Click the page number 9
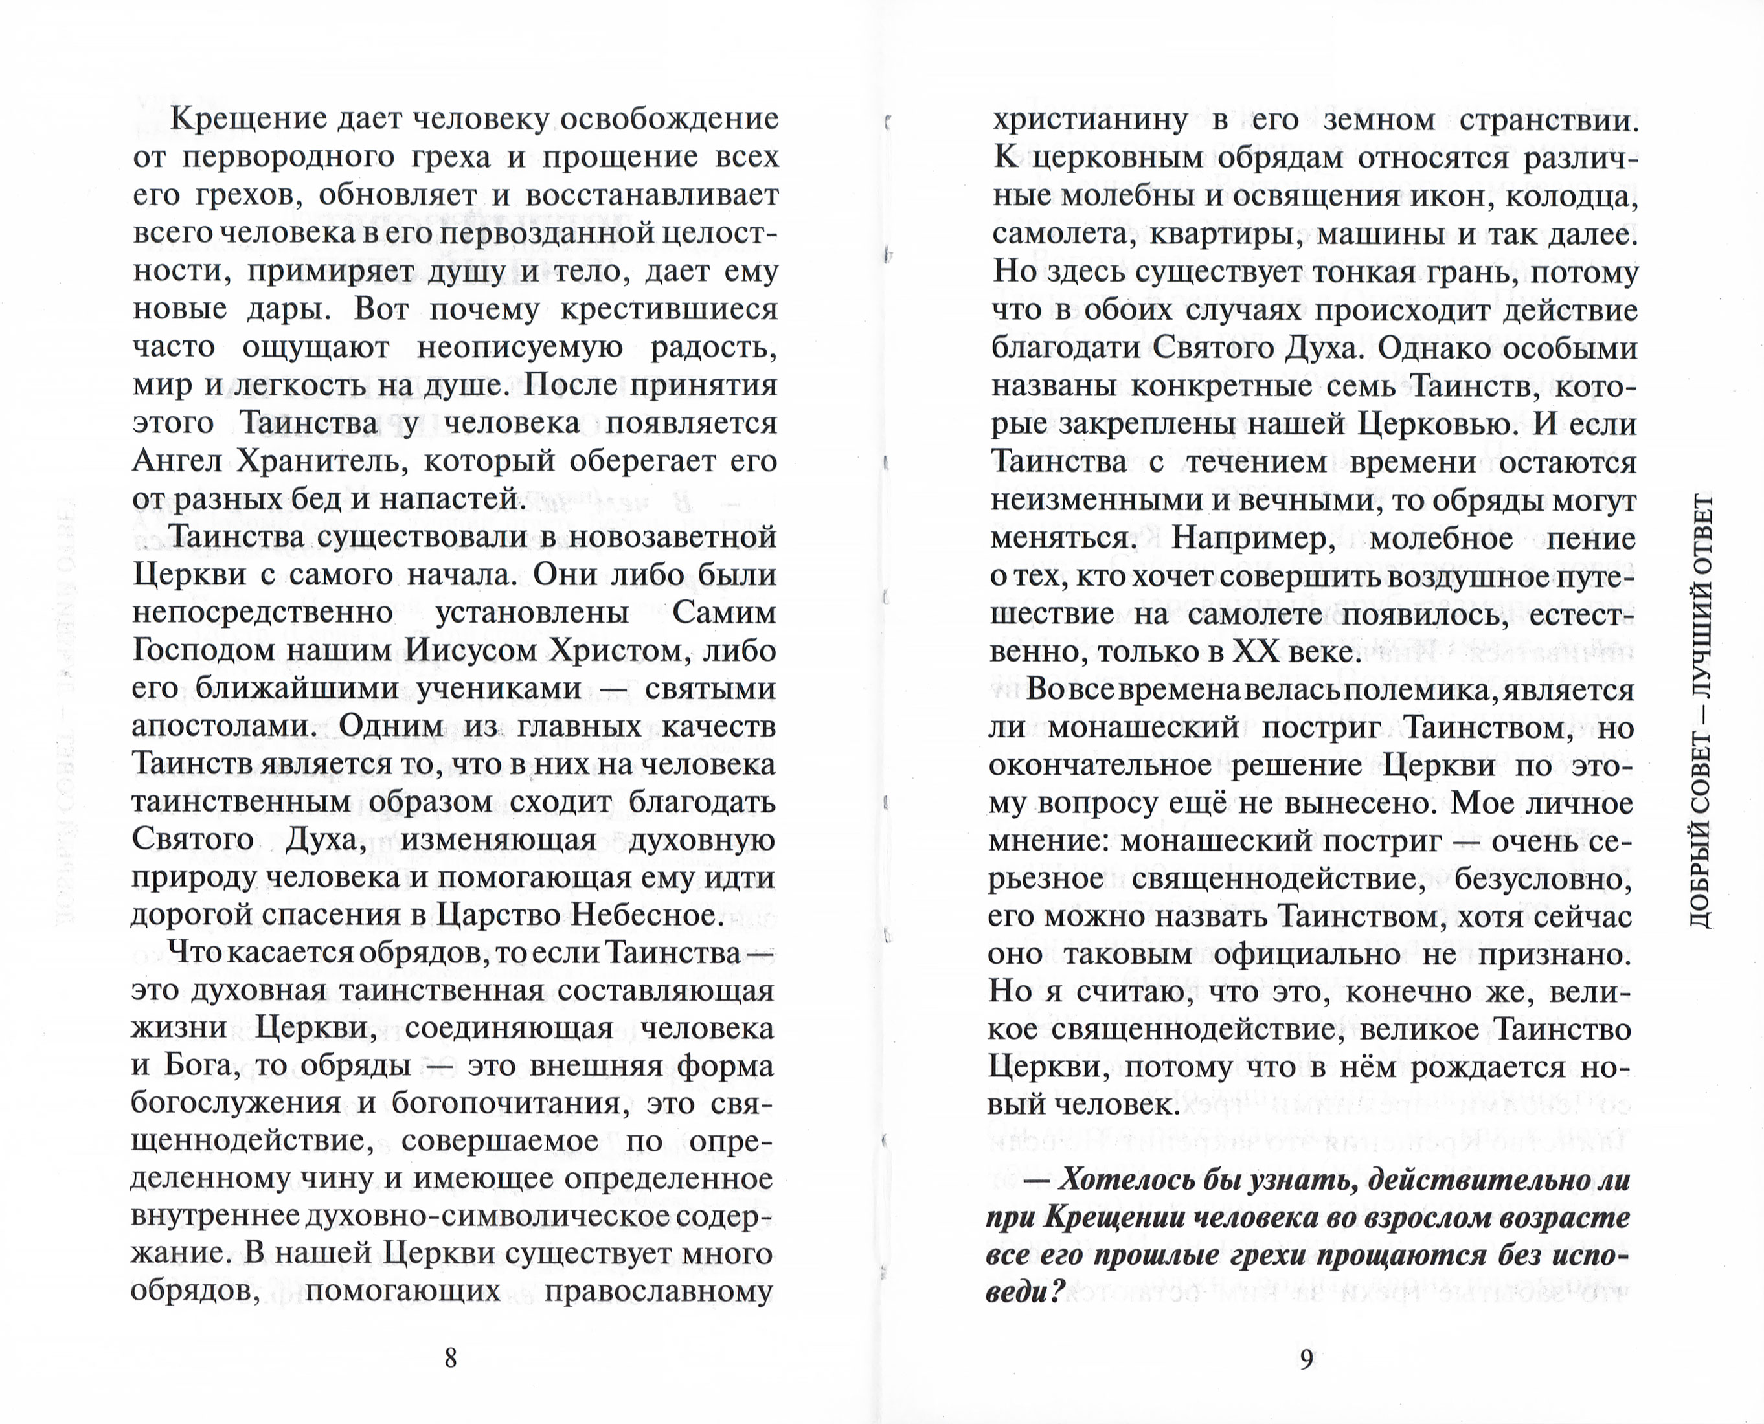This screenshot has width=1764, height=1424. pyautogui.click(x=1307, y=1359)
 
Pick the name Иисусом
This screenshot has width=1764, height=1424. pyautogui.click(x=471, y=651)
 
